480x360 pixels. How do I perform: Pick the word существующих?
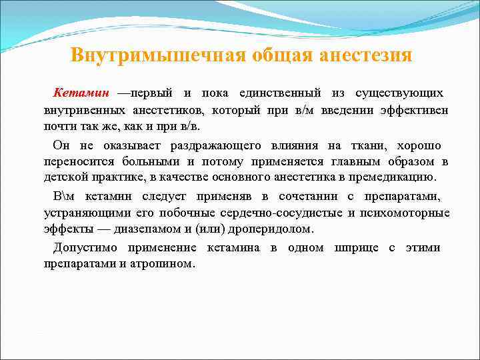[399, 91]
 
